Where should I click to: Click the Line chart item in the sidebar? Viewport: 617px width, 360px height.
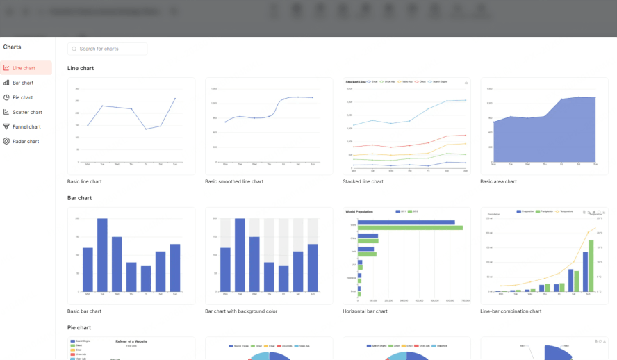[x=24, y=68]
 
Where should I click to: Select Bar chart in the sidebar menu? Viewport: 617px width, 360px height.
[x=23, y=83]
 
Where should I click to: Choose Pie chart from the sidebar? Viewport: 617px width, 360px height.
[x=23, y=97]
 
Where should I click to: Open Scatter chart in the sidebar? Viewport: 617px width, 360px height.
[x=27, y=112]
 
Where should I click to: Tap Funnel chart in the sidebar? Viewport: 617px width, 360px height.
[x=26, y=126]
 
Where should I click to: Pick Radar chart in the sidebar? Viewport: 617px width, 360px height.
[x=26, y=141]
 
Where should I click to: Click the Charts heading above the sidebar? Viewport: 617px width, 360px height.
[x=12, y=47]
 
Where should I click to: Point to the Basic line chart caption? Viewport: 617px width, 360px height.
[x=85, y=181]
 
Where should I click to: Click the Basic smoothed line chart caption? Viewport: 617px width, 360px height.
[x=234, y=181]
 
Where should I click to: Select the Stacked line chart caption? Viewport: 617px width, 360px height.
[x=363, y=181]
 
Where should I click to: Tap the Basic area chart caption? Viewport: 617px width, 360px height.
[x=498, y=181]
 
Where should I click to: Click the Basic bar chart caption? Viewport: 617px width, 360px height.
[x=84, y=311]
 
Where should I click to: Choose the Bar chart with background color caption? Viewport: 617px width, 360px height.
[x=241, y=311]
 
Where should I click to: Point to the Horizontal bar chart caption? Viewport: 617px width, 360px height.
[x=365, y=311]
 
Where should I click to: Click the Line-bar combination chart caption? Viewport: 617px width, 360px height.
[x=511, y=311]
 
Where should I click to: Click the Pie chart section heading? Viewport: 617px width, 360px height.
[x=79, y=327]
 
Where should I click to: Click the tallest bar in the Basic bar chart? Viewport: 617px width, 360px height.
[x=102, y=254]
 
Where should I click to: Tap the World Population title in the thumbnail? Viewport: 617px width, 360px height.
[x=360, y=211]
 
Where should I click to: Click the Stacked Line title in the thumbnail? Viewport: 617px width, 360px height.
[x=354, y=81]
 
